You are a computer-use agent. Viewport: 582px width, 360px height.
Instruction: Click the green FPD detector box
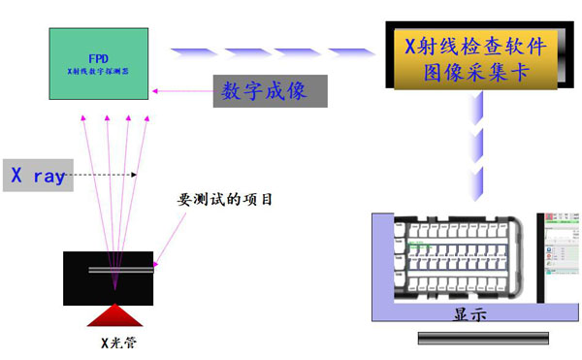tap(101, 64)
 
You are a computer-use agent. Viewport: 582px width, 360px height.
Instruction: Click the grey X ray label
tap(37, 176)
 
